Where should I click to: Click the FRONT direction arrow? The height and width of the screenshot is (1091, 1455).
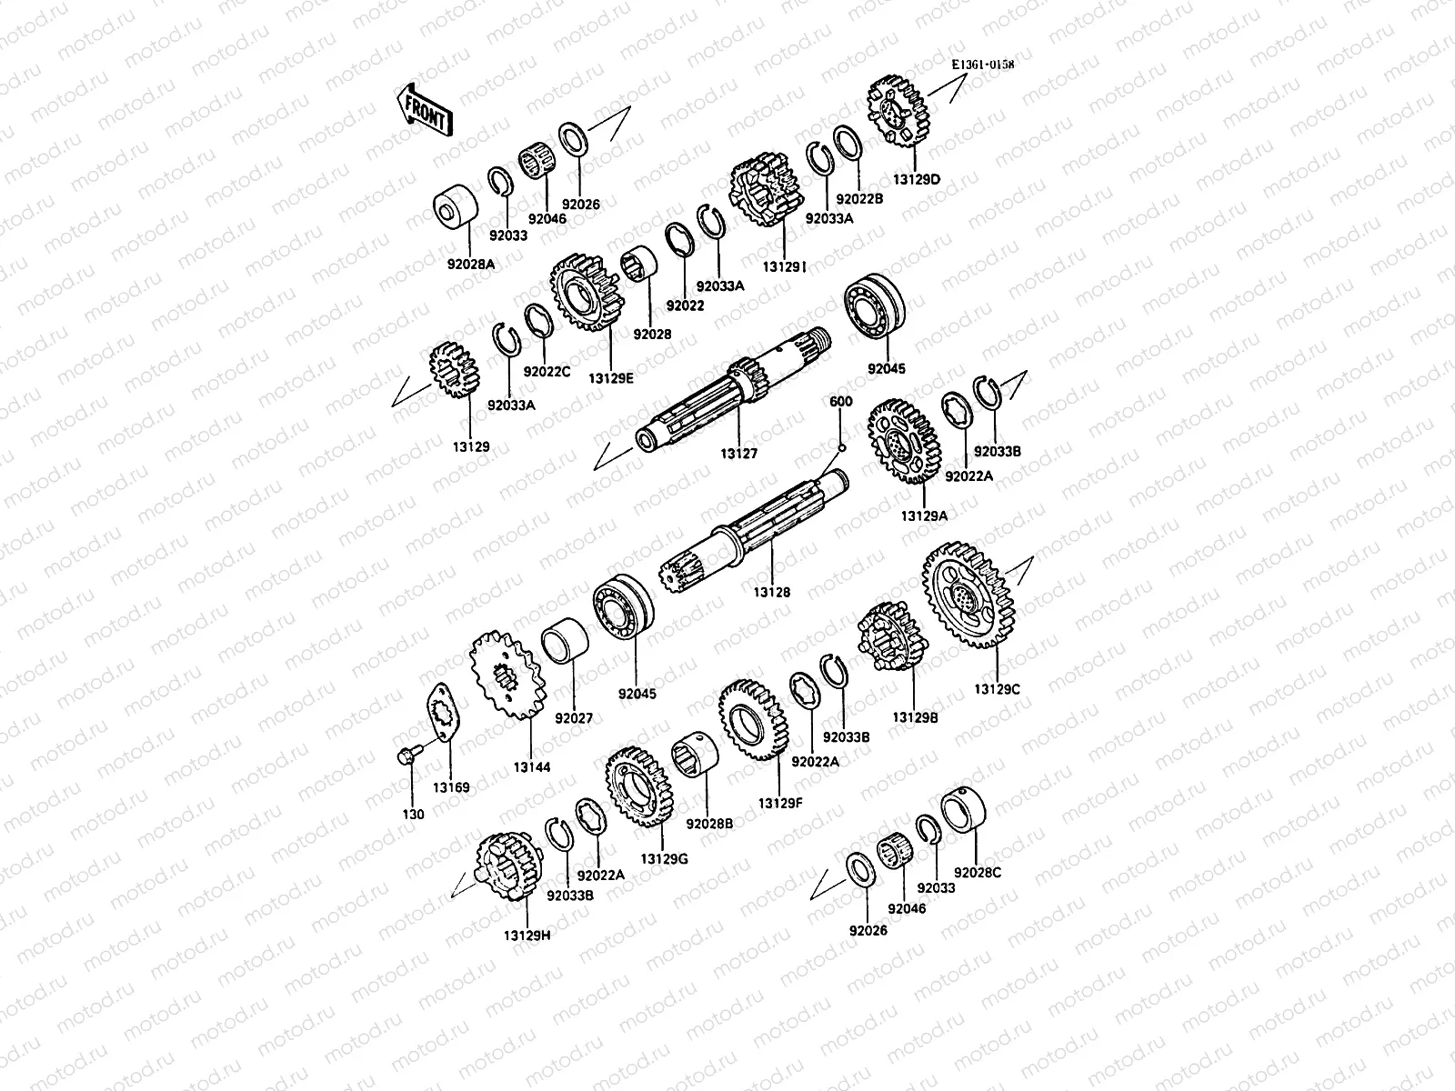click(x=423, y=109)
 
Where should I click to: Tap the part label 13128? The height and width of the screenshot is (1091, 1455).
click(x=771, y=592)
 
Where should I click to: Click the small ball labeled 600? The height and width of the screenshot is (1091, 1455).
click(x=842, y=445)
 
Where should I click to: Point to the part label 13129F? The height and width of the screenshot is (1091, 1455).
click(x=779, y=803)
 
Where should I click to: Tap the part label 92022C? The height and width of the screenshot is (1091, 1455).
click(x=546, y=371)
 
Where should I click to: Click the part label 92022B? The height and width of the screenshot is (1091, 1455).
click(x=860, y=198)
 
